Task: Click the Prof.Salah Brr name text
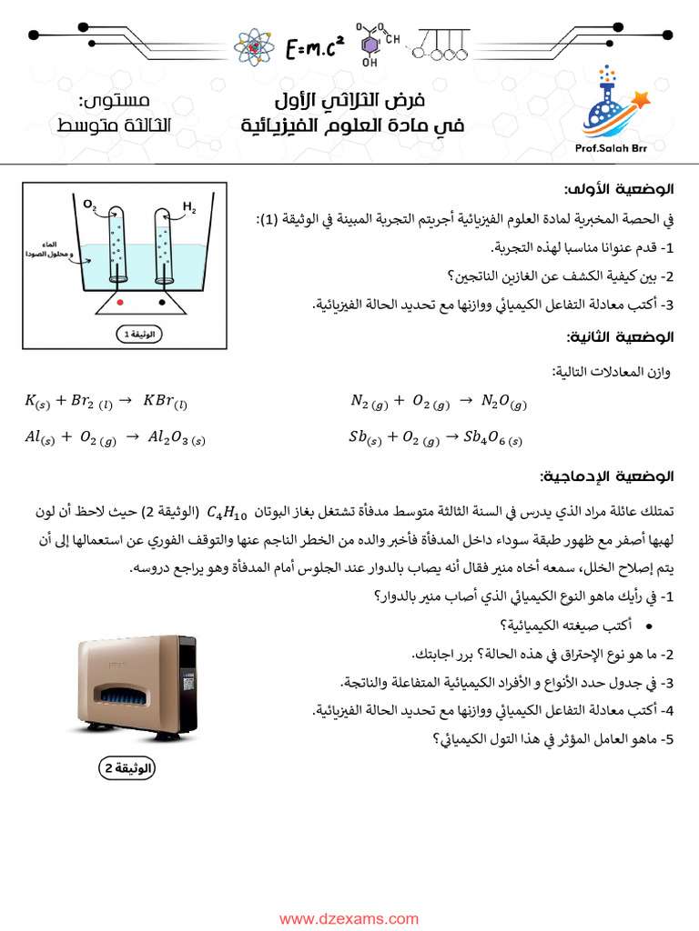click(604, 149)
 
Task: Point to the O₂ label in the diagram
click(90, 206)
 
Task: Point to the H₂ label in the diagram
click(189, 208)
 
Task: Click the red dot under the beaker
click(119, 300)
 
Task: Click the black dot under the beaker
click(163, 300)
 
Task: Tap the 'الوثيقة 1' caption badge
click(138, 335)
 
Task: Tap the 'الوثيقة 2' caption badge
click(127, 768)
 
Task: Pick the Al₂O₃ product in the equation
click(178, 437)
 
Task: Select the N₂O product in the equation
click(503, 401)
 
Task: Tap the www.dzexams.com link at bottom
click(349, 919)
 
